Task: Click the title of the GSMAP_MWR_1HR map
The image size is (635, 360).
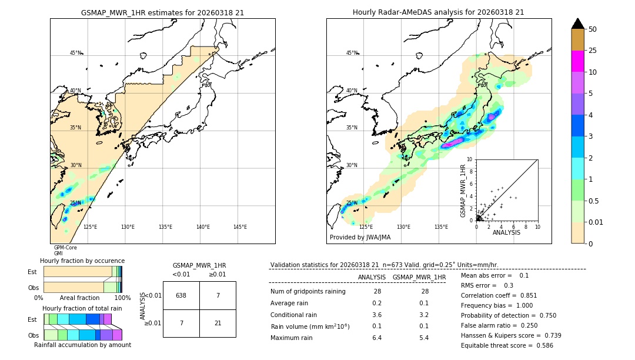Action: [162, 12]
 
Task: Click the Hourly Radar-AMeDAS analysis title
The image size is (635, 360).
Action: [438, 12]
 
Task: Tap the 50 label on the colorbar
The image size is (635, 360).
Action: [593, 29]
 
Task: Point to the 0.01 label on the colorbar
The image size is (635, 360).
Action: [596, 222]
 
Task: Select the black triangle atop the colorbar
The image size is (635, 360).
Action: [578, 24]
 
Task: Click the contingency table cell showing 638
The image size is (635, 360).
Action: [181, 295]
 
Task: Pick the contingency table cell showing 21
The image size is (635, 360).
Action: [218, 324]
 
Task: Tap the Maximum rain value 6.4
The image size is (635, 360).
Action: [377, 338]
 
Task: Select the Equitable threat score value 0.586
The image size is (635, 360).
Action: [542, 345]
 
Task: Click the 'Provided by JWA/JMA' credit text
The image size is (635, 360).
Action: [360, 238]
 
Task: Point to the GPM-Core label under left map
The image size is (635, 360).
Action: [65, 248]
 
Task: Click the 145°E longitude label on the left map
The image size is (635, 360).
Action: [240, 227]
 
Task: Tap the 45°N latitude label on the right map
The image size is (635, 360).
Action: [352, 53]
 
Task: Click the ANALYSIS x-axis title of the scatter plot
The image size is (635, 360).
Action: [507, 232]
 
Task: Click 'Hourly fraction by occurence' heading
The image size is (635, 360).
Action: [82, 261]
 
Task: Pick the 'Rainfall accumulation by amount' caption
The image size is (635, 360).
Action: [83, 345]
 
